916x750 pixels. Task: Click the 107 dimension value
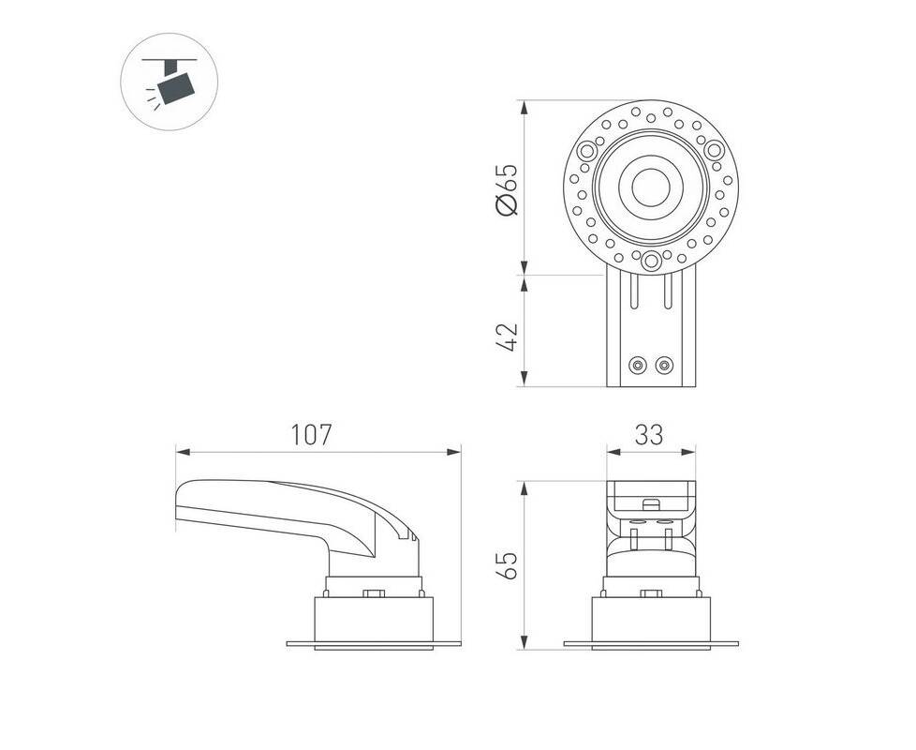pyautogui.click(x=311, y=434)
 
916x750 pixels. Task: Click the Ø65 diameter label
pyautogui.click(x=507, y=189)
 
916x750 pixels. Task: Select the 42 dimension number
pyautogui.click(x=507, y=337)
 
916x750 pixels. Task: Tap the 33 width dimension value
pyautogui.click(x=650, y=434)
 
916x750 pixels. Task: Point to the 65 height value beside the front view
pyautogui.click(x=507, y=565)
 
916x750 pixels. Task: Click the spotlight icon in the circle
pyautogui.click(x=169, y=82)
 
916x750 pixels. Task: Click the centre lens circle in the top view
pyautogui.click(x=651, y=187)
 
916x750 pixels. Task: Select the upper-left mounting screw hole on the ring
pyautogui.click(x=586, y=151)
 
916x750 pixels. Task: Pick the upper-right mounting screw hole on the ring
pyautogui.click(x=714, y=150)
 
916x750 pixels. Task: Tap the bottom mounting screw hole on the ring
pyautogui.click(x=651, y=261)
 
